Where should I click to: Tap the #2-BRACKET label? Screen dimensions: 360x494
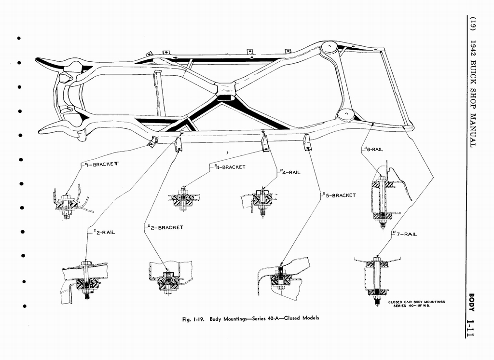click(164, 227)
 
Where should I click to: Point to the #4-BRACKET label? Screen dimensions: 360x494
click(230, 167)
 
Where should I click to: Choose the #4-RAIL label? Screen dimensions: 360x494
click(290, 172)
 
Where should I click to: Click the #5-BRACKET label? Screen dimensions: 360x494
click(339, 195)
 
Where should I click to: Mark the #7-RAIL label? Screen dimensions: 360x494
click(404, 234)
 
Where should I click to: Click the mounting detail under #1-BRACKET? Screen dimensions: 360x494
click(68, 204)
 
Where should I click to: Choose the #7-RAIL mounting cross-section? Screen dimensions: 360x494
click(376, 278)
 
